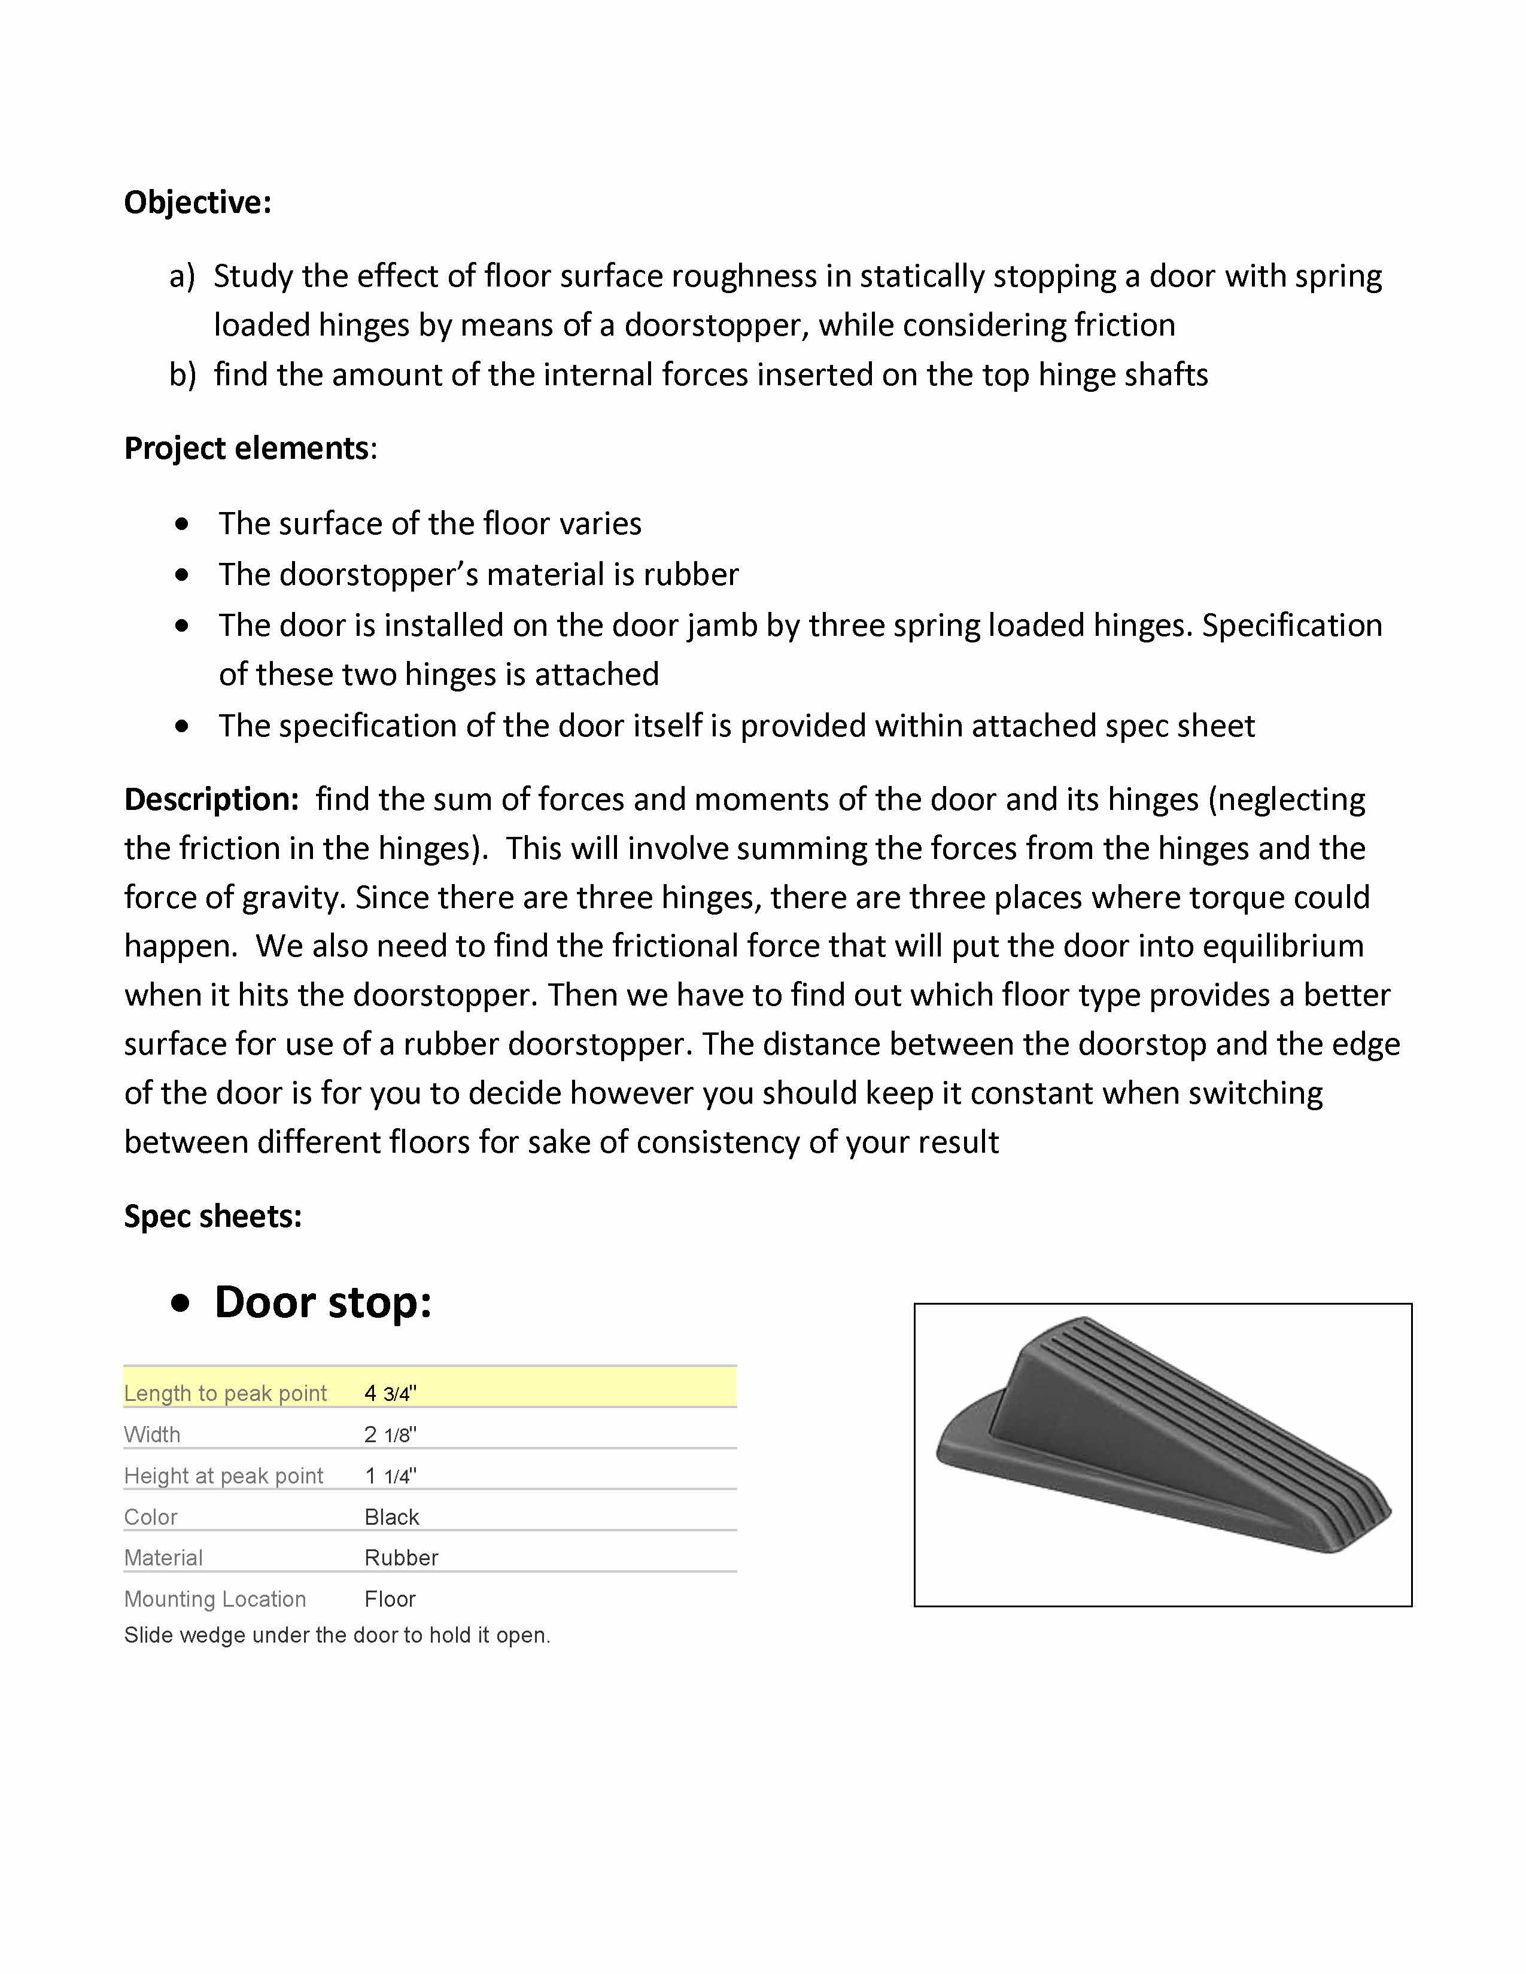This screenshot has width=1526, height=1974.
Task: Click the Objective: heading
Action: click(x=197, y=202)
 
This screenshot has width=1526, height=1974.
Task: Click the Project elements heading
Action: click(x=247, y=448)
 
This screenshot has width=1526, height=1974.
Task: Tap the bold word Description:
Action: click(x=211, y=800)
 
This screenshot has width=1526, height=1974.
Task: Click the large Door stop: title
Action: click(x=323, y=1302)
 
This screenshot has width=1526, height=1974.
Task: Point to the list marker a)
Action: click(x=182, y=276)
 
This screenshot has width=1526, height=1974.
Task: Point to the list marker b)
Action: click(x=182, y=375)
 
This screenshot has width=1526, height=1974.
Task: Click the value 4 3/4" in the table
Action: click(x=390, y=1393)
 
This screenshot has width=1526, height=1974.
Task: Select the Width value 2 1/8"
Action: click(x=390, y=1434)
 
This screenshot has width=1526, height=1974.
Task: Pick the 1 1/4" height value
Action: click(x=390, y=1476)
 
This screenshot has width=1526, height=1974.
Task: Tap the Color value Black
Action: click(x=391, y=1516)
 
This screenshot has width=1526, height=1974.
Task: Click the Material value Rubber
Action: click(x=400, y=1557)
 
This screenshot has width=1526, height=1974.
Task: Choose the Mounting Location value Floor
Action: click(x=390, y=1599)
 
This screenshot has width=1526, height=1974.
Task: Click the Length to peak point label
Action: click(x=225, y=1393)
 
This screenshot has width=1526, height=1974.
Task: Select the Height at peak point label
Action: click(x=223, y=1476)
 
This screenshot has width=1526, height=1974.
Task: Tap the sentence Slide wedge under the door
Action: click(x=337, y=1635)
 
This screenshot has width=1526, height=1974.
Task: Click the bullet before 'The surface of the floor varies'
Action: click(x=183, y=524)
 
